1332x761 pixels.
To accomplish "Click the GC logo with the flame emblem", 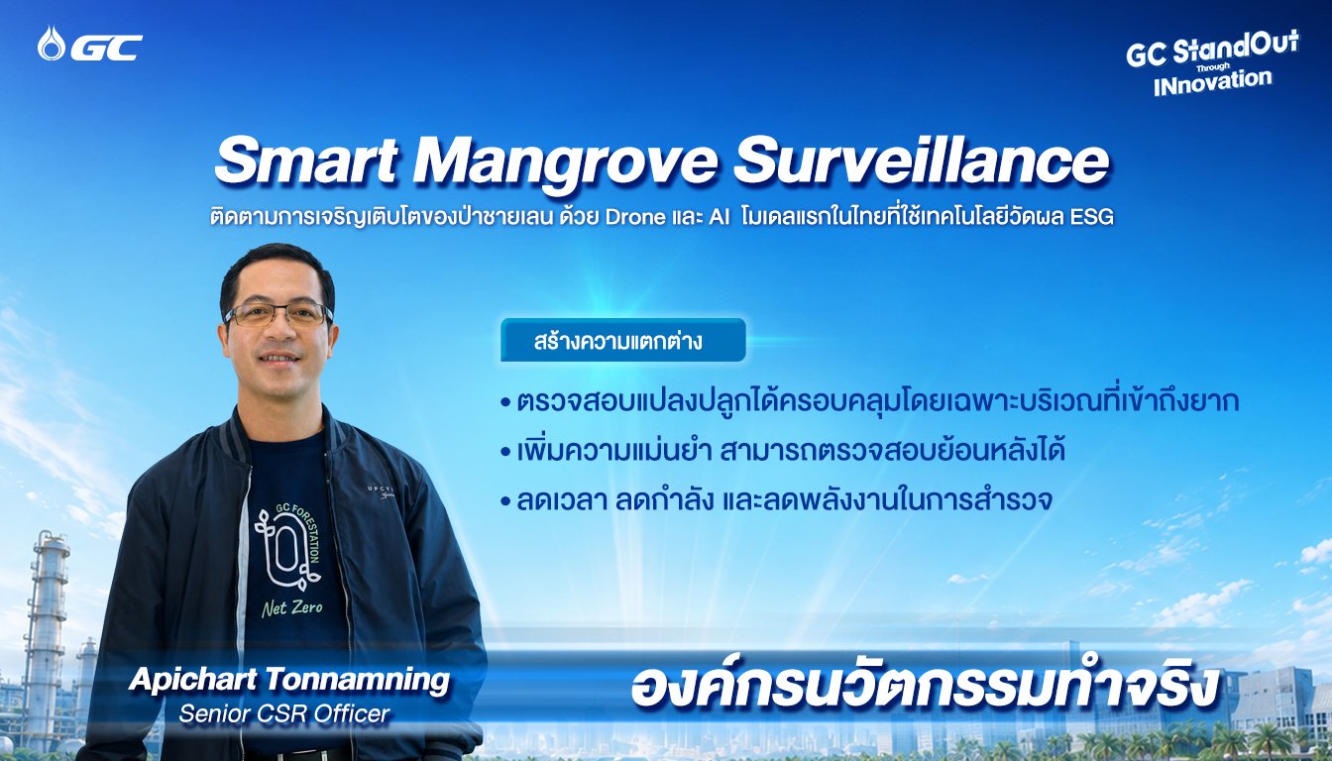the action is pyautogui.click(x=90, y=44).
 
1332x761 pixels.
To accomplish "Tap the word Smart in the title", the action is pyautogui.click(x=306, y=161).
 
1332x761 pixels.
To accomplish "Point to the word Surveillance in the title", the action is pyautogui.click(x=922, y=161).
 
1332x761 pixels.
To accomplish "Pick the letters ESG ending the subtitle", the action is pyautogui.click(x=1091, y=217).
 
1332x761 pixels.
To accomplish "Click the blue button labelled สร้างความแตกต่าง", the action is pyautogui.click(x=622, y=340).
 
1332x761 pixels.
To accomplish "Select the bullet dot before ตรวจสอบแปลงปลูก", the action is pyautogui.click(x=506, y=403).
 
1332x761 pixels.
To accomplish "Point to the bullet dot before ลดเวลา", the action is pyautogui.click(x=506, y=501).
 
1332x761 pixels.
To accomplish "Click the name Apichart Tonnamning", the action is pyautogui.click(x=289, y=680).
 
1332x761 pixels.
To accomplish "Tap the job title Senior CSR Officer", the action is pyautogui.click(x=284, y=713).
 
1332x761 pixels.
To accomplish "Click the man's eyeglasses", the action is pyautogui.click(x=278, y=314).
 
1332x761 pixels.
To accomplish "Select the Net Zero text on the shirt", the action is pyautogui.click(x=292, y=607).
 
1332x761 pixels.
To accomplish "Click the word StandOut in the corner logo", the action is pyautogui.click(x=1236, y=48).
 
